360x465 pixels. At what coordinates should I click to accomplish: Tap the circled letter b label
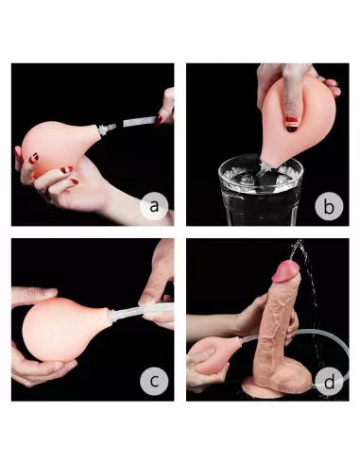tap(326, 203)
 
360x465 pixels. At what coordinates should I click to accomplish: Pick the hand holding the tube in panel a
tap(166, 107)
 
